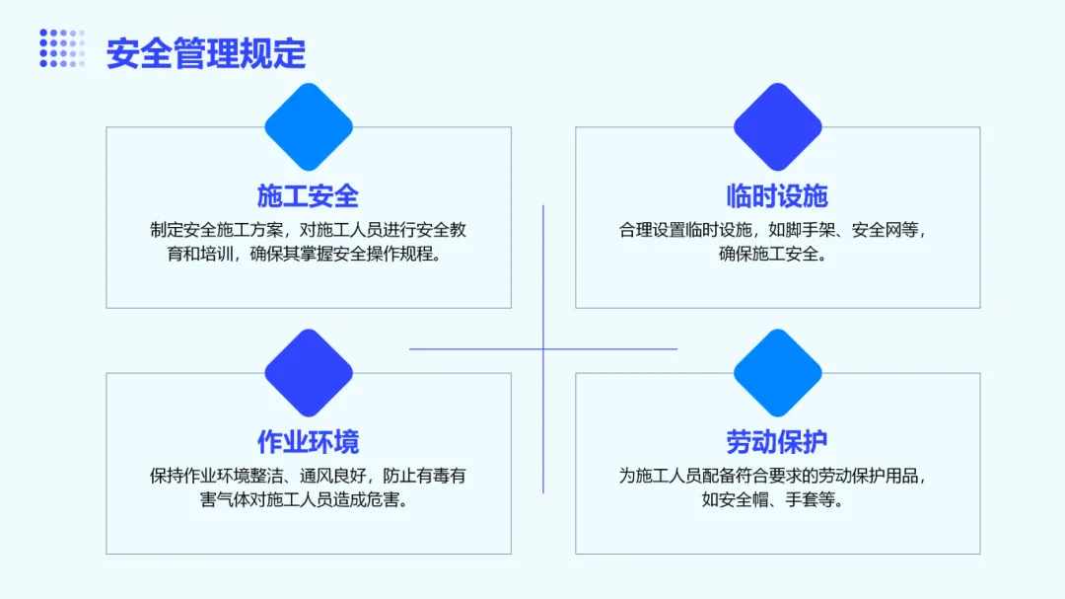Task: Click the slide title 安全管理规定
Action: pyautogui.click(x=206, y=53)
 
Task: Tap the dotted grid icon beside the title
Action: pyautogui.click(x=62, y=48)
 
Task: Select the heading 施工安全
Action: pyautogui.click(x=308, y=195)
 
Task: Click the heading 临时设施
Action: pyautogui.click(x=777, y=195)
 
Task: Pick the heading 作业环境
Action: pyautogui.click(x=308, y=441)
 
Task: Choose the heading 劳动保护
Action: pyautogui.click(x=777, y=441)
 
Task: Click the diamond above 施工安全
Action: pyautogui.click(x=309, y=126)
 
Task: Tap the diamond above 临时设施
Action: pyautogui.click(x=778, y=126)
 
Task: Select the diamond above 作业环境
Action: pyautogui.click(x=309, y=372)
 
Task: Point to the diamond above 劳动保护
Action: pyautogui.click(x=778, y=372)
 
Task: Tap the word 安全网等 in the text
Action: pyautogui.click(x=886, y=230)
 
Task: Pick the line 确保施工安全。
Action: pyautogui.click(x=777, y=254)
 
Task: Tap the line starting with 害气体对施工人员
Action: pyautogui.click(x=308, y=499)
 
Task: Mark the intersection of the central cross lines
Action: pyautogui.click(x=543, y=348)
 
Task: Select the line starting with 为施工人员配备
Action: pyautogui.click(x=777, y=476)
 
